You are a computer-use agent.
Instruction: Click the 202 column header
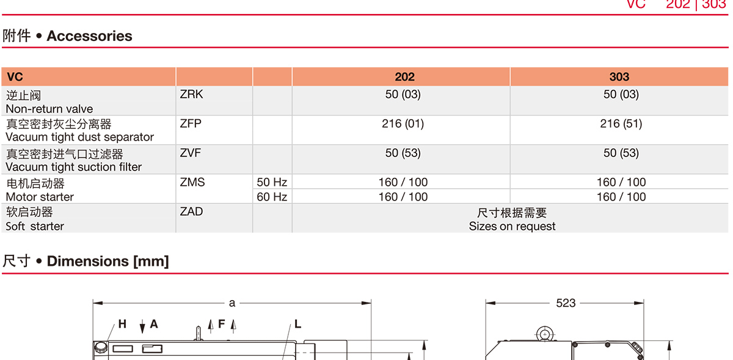pyautogui.click(x=404, y=76)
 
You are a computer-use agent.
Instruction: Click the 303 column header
pyautogui.click(x=619, y=76)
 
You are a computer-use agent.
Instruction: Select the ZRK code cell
pyautogui.click(x=191, y=94)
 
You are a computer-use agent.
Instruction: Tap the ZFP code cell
pyautogui.click(x=191, y=123)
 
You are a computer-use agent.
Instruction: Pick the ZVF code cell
pyautogui.click(x=191, y=153)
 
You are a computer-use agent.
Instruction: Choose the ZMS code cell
pyautogui.click(x=192, y=182)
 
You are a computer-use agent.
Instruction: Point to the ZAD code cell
pyautogui.click(x=191, y=211)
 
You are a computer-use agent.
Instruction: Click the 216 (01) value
pyautogui.click(x=403, y=124)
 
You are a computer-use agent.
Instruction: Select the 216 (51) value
pyautogui.click(x=621, y=124)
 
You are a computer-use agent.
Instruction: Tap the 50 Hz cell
pyautogui.click(x=272, y=182)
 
